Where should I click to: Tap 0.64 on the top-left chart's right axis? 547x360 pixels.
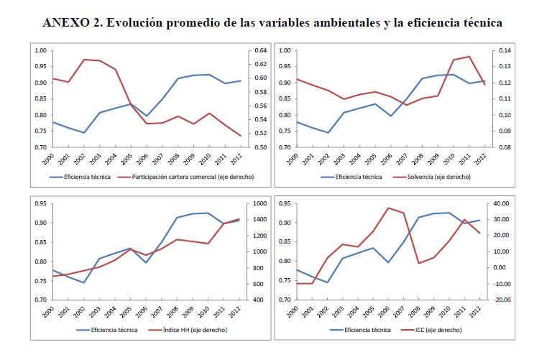click(x=259, y=50)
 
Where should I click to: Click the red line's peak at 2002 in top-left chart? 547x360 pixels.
click(x=86, y=59)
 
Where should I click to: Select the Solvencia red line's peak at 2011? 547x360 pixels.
click(x=469, y=56)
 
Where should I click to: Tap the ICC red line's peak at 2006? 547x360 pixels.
click(x=388, y=208)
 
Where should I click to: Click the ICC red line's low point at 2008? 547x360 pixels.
click(x=419, y=263)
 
